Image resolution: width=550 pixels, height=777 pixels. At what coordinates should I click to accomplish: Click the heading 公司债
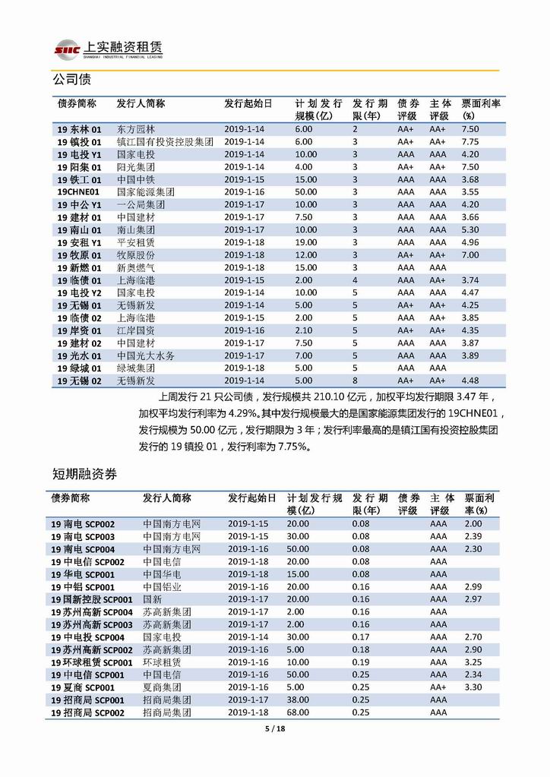click(x=71, y=79)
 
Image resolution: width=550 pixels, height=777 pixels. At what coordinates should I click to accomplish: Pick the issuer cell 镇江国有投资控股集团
click(x=165, y=142)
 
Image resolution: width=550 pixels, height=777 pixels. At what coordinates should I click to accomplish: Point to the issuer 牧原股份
click(x=136, y=255)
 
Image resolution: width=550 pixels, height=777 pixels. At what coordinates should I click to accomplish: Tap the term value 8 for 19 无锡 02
click(x=354, y=381)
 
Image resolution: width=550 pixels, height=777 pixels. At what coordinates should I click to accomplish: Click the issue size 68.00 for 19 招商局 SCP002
click(x=299, y=712)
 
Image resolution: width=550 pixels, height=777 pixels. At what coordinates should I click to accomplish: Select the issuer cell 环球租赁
click(x=162, y=662)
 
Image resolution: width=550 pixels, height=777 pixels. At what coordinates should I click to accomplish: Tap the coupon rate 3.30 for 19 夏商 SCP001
click(x=473, y=687)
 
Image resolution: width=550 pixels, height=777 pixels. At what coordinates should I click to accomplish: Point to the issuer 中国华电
click(x=162, y=574)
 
